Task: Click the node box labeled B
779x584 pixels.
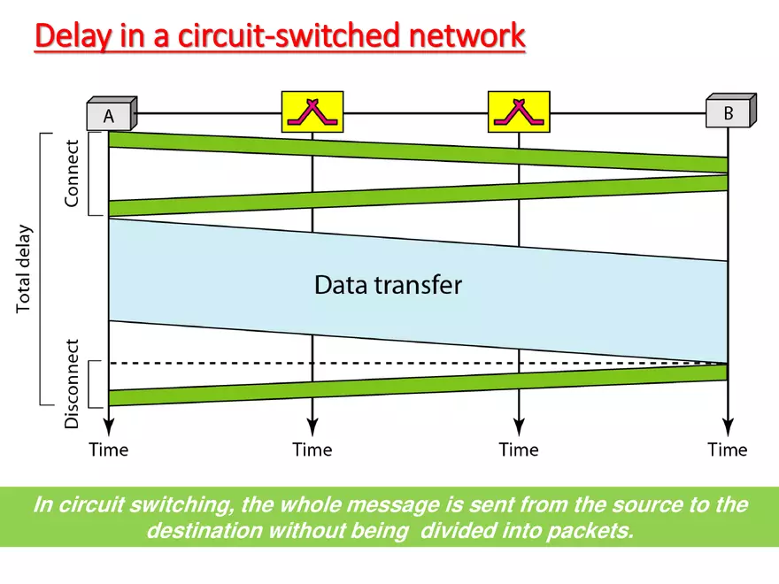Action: pos(729,112)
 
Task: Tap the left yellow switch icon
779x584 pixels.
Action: pos(312,111)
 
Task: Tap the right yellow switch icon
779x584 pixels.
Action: pos(518,111)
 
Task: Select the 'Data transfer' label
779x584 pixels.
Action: pos(388,285)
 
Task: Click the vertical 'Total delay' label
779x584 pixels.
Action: pos(24,269)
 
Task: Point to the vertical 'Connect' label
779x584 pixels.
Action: pos(72,173)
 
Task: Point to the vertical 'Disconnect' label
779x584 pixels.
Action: pos(72,383)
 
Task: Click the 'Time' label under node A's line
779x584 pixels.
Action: pos(108,450)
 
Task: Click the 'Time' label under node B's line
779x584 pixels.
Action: pos(727,450)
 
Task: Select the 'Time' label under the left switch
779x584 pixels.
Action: pos(312,450)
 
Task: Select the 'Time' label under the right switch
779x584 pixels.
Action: pos(518,450)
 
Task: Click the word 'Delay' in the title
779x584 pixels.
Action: pos(73,37)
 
